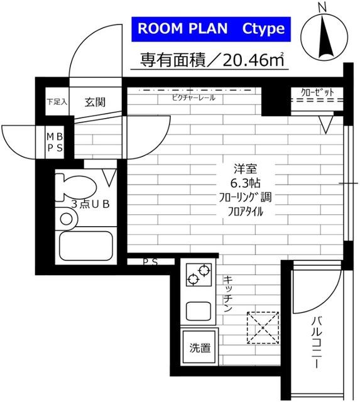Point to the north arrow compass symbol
[x=324, y=38]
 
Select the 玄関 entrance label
[x=95, y=102]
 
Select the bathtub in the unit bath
[x=85, y=244]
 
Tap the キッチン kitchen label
[x=227, y=295]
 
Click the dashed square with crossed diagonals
[x=263, y=327]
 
